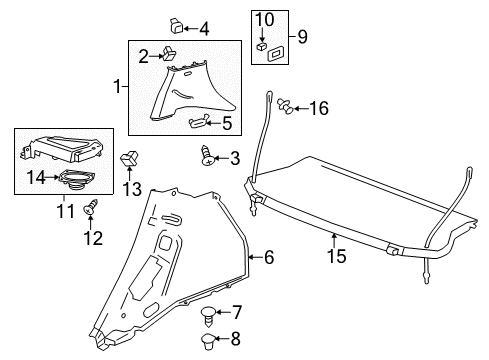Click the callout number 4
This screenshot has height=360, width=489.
pyautogui.click(x=204, y=28)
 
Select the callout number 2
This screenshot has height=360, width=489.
pyautogui.click(x=143, y=56)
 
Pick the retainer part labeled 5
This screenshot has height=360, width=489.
pyautogui.click(x=201, y=122)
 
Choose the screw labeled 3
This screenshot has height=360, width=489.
pyautogui.click(x=210, y=156)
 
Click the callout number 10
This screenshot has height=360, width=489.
pyautogui.click(x=264, y=18)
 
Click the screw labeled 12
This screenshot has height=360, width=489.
pyautogui.click(x=91, y=207)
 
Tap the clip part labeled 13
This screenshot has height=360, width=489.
pyautogui.click(x=130, y=160)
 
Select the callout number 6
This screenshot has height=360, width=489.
pyautogui.click(x=267, y=257)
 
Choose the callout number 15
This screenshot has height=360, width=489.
pyautogui.click(x=339, y=256)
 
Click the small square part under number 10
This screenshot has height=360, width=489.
pyautogui.click(x=261, y=45)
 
